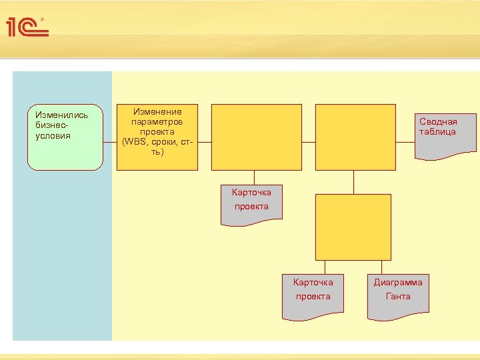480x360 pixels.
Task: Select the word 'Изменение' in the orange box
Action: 157,112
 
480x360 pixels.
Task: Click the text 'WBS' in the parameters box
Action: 134,142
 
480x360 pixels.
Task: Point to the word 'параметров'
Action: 157,122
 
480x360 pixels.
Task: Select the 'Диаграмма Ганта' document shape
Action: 398,294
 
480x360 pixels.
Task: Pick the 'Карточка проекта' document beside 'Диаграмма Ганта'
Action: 313,294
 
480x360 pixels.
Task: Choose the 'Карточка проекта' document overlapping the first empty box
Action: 251,204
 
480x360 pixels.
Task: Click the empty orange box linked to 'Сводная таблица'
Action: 353,137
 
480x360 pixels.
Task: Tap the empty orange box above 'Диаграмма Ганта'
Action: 353,227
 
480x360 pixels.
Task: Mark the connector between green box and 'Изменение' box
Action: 110,142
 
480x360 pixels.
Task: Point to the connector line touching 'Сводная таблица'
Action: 403,142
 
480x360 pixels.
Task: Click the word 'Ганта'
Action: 398,297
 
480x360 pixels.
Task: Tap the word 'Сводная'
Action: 438,122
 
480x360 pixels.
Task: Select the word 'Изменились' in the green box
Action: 61,115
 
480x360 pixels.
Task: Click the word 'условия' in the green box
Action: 53,136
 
